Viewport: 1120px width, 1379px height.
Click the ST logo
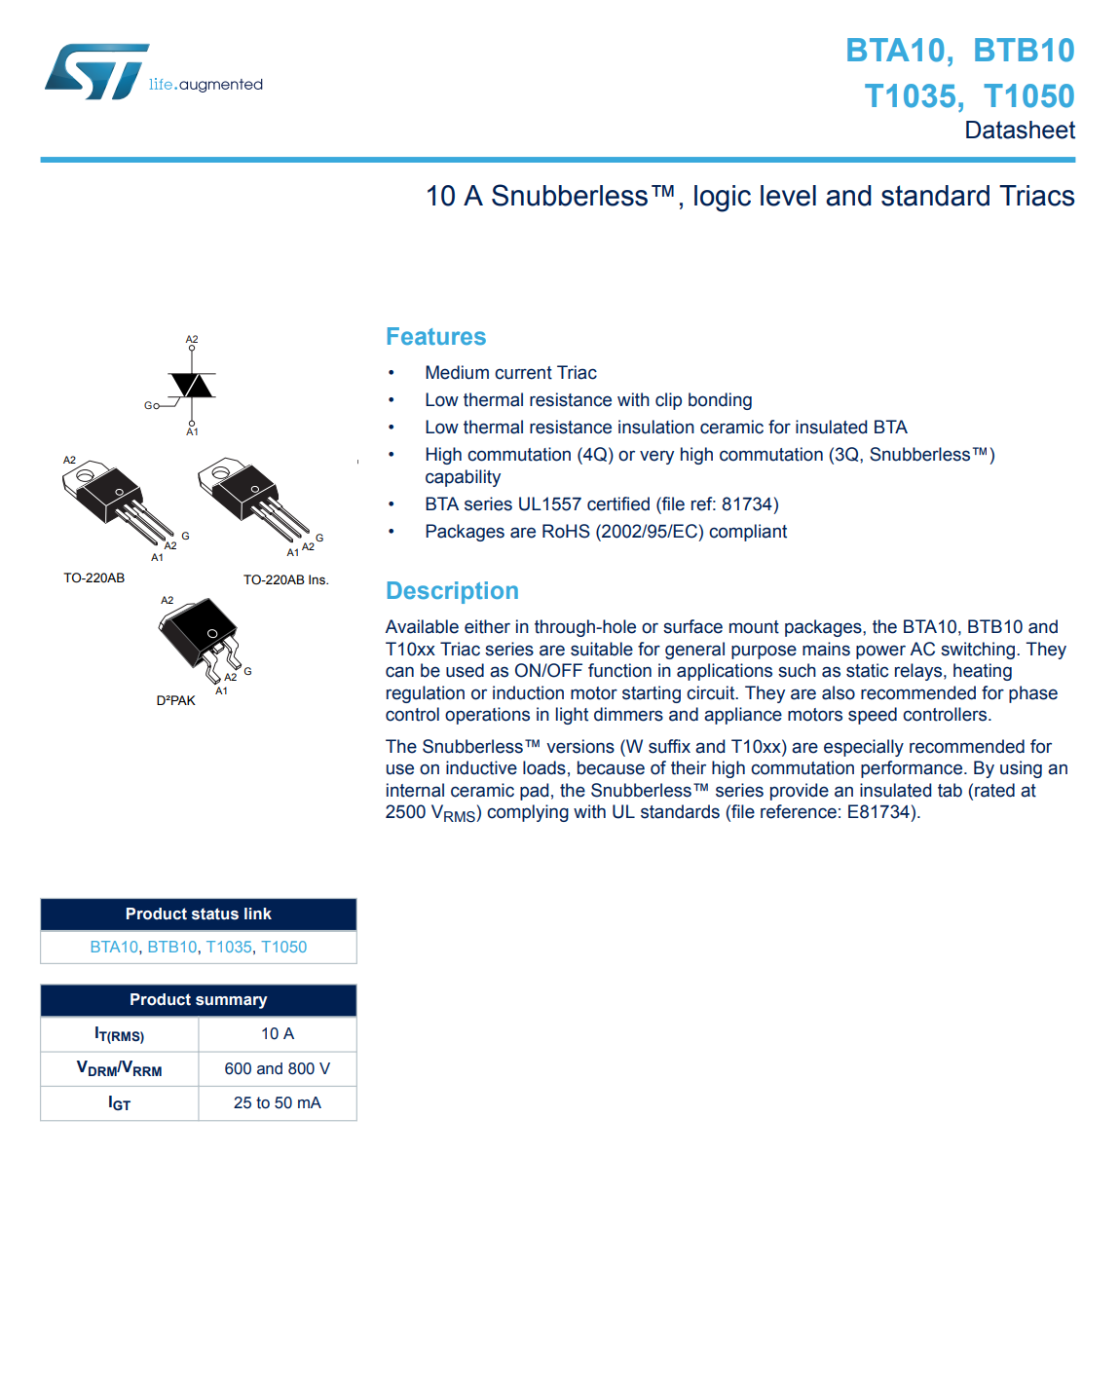pyautogui.click(x=97, y=71)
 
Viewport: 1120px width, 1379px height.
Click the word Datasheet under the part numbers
pyautogui.click(x=1019, y=130)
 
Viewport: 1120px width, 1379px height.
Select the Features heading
pyautogui.click(x=435, y=337)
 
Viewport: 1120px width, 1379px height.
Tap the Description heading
pyautogui.click(x=452, y=591)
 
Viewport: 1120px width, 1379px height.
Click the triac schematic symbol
pyautogui.click(x=192, y=386)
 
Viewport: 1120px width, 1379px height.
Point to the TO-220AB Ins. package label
pyautogui.click(x=285, y=579)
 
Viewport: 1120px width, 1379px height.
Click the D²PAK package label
pyautogui.click(x=175, y=700)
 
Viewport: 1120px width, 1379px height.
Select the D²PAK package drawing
pyautogui.click(x=201, y=637)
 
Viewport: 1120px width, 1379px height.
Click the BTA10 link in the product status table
pyautogui.click(x=114, y=947)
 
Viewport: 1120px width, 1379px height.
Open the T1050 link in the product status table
pyautogui.click(x=283, y=947)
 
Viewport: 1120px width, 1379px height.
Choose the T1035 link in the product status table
pyautogui.click(x=229, y=947)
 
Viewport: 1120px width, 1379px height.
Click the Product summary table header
pyautogui.click(x=198, y=1000)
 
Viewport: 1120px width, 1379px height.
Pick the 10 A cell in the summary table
pyautogui.click(x=278, y=1034)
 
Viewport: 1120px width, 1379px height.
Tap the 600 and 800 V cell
pyautogui.click(x=278, y=1068)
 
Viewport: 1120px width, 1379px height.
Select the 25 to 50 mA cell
pyautogui.click(x=278, y=1102)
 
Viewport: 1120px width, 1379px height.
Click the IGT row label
pyautogui.click(x=119, y=1103)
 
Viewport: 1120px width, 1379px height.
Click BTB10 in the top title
pyautogui.click(x=1023, y=51)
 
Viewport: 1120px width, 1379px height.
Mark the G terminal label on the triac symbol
pyautogui.click(x=149, y=405)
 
